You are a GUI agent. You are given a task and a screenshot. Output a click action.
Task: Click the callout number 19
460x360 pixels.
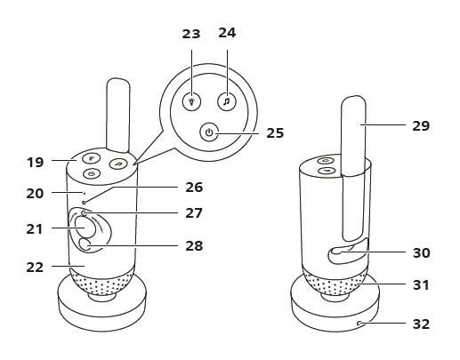pyautogui.click(x=35, y=163)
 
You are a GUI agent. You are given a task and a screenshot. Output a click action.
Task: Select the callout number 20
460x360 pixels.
pyautogui.click(x=35, y=191)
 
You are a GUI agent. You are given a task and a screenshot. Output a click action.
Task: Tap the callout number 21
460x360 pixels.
pyautogui.click(x=35, y=230)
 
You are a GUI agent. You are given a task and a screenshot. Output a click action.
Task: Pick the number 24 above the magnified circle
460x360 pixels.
pyautogui.click(x=228, y=35)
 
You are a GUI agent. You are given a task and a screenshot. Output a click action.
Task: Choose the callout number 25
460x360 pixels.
pyautogui.click(x=276, y=133)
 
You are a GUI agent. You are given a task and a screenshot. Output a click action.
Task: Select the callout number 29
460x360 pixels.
pyautogui.click(x=421, y=126)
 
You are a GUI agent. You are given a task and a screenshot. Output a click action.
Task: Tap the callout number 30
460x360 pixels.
pyautogui.click(x=421, y=253)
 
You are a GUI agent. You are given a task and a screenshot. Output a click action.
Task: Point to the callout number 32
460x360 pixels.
pyautogui.click(x=421, y=324)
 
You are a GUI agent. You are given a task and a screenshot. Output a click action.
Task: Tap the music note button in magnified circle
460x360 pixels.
pyautogui.click(x=228, y=101)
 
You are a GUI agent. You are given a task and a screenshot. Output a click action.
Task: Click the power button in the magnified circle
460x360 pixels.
pyautogui.click(x=209, y=132)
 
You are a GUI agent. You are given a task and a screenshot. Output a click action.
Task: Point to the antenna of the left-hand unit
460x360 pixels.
pyautogui.click(x=120, y=111)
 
